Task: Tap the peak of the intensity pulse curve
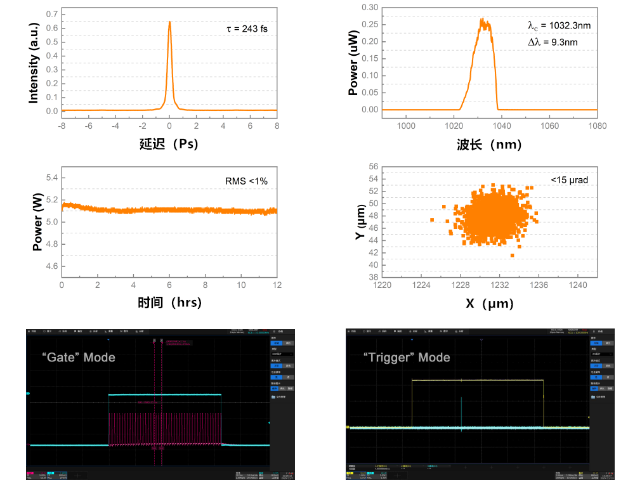169,22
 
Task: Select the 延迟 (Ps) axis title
169,144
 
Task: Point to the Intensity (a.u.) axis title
34,62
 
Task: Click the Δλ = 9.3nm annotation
553,42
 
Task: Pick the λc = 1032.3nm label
560,26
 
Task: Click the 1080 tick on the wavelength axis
597,126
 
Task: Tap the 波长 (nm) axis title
489,145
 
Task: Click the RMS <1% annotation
247,181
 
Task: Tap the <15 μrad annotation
569,180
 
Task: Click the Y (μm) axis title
359,222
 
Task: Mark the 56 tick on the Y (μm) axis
374,167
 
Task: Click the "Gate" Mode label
80,357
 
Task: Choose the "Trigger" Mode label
407,358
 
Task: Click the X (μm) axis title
489,304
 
